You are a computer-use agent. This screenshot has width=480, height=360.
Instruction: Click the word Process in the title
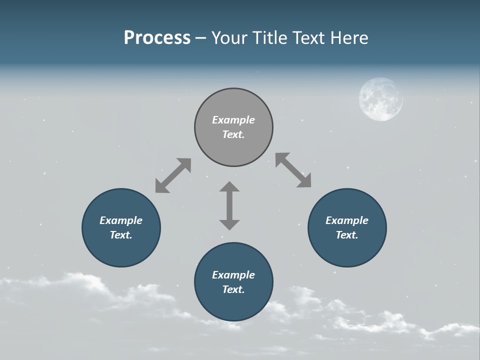(157, 38)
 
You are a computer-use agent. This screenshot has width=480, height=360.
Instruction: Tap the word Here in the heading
(350, 38)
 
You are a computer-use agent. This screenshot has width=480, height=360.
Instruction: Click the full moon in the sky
(380, 99)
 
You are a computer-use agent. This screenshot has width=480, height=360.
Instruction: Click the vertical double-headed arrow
(229, 205)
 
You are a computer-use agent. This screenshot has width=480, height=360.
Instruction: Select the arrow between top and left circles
(173, 175)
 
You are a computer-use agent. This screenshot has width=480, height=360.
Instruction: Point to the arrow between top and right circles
(293, 170)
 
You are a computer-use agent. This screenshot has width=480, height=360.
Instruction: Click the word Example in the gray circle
(233, 120)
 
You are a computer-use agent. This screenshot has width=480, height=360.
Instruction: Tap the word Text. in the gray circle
(233, 134)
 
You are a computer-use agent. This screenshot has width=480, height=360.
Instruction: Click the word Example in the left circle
(121, 220)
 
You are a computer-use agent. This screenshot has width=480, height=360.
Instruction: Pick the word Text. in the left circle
(121, 235)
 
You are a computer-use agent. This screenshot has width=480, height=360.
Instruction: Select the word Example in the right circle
(347, 220)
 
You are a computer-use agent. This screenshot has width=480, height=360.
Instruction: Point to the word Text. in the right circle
(347, 235)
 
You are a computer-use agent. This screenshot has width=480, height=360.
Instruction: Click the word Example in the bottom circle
(233, 275)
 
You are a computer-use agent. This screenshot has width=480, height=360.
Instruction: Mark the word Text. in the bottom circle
(233, 289)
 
